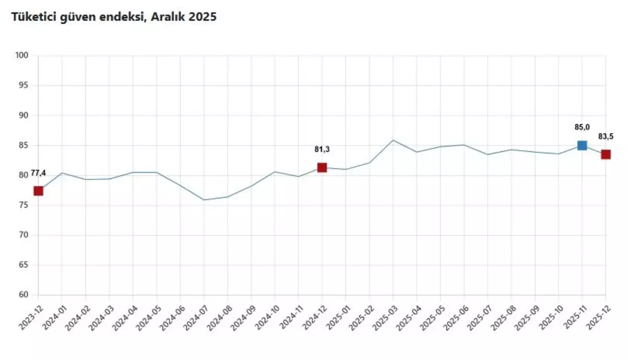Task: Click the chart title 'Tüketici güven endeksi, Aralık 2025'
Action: point(114,17)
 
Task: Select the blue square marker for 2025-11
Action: point(582,145)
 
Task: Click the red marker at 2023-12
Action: point(38,191)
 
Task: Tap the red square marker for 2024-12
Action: point(322,167)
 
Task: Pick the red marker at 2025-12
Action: point(605,154)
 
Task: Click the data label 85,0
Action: point(582,127)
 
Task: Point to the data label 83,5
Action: point(605,137)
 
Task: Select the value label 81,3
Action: point(322,149)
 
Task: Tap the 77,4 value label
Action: point(38,173)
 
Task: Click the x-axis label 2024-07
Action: point(195,317)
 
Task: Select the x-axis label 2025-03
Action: point(384,317)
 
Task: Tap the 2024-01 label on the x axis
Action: point(53,317)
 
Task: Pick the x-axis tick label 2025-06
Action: point(455,317)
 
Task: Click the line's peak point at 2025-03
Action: point(393,140)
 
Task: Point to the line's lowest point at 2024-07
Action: point(204,200)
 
